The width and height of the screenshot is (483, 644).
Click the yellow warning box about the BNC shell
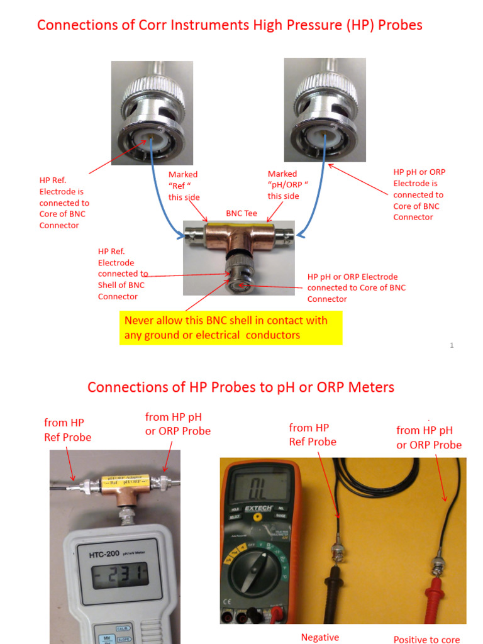coord(231,328)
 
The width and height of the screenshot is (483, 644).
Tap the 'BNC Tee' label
coord(241,214)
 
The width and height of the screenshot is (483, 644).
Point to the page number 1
coord(452,345)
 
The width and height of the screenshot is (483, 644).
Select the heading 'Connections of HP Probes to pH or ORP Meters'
coord(241,387)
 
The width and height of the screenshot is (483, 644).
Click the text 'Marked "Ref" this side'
coord(184,186)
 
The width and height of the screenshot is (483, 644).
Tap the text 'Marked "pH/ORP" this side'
coord(283,185)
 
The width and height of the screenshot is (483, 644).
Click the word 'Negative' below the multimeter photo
coord(319,637)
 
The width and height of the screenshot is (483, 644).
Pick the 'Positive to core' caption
coord(426,640)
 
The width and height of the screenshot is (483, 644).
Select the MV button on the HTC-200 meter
coord(105,638)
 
